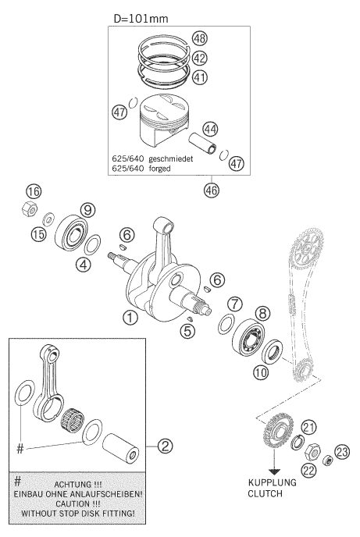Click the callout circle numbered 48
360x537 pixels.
coord(200,38)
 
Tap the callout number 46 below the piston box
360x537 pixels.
coord(212,190)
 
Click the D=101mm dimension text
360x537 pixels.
coord(141,18)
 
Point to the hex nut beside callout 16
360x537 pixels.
coord(30,208)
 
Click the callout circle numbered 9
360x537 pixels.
coord(87,210)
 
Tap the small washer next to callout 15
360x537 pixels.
coord(48,219)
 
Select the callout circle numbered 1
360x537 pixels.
coord(130,318)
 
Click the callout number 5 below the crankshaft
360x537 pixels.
coord(187,331)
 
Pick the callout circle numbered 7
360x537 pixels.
coord(234,304)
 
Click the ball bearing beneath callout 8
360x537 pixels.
coord(248,337)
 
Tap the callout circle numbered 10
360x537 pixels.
coord(261,372)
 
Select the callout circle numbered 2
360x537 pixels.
coord(165,446)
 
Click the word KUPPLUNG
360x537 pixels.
coord(273,482)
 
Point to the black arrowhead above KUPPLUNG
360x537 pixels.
coord(274,471)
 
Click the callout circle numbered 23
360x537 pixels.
coord(341,452)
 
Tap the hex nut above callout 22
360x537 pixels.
coord(312,452)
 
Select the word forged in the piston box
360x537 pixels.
coord(159,169)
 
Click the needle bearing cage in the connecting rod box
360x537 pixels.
coord(73,420)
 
